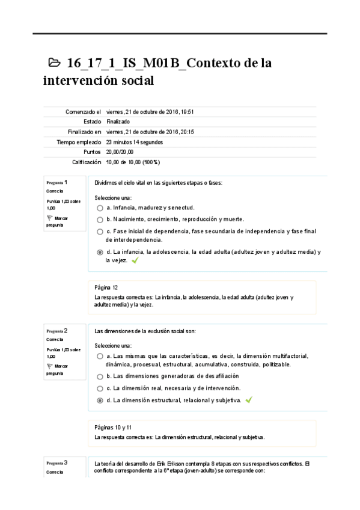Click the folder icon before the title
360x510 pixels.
coord(54,63)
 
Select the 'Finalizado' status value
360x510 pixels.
coord(118,121)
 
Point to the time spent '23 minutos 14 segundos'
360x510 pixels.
coord(135,142)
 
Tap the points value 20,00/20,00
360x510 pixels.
coord(120,152)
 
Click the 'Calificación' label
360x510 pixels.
coord(86,162)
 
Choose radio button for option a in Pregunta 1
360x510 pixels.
coord(100,207)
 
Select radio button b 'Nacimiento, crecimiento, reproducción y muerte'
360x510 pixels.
coord(100,220)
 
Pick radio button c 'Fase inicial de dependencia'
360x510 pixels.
coord(100,232)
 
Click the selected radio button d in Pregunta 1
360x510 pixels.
coord(100,253)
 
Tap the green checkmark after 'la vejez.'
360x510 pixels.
coord(135,261)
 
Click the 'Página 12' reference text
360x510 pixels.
coord(106,287)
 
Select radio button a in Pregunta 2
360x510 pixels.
coord(100,356)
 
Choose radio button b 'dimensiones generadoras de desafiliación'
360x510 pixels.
coord(100,376)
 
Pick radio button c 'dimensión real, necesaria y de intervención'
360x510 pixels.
coord(100,388)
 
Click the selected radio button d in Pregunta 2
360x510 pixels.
coord(100,400)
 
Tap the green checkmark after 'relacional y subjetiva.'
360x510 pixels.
coord(249,399)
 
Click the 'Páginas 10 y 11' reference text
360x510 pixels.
coord(114,428)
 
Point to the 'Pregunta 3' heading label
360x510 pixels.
coord(57,462)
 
